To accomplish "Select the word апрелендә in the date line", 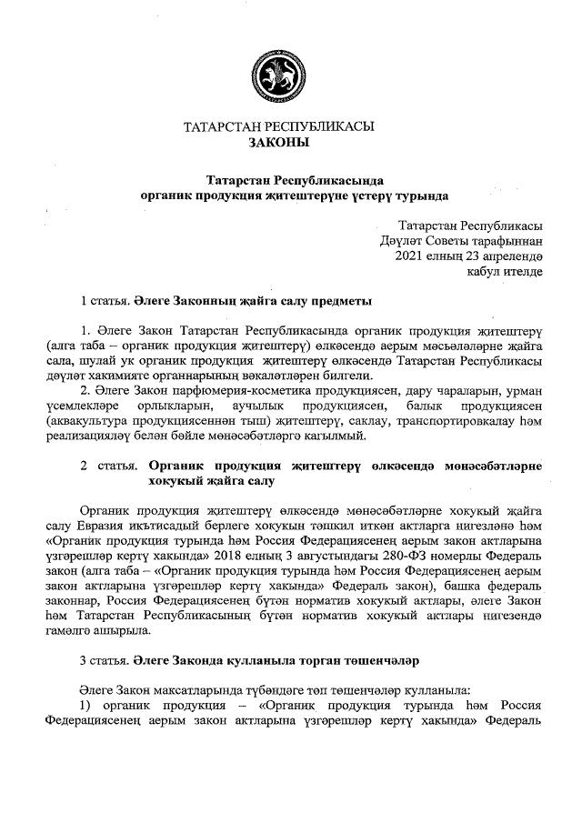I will tap(511, 256).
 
